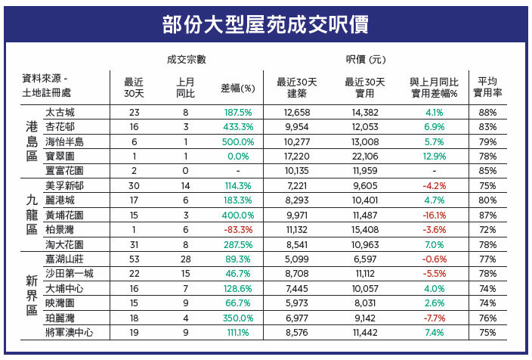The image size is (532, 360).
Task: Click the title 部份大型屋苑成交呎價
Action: pos(266,25)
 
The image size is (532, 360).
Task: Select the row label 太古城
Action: pos(60,112)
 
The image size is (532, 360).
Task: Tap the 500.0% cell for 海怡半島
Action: pos(237,141)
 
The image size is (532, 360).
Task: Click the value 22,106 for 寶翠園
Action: pos(365,156)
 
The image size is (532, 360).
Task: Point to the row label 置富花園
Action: pos(64,171)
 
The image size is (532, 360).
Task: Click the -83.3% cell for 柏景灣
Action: pos(237,230)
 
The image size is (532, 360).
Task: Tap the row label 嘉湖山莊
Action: pos(64,259)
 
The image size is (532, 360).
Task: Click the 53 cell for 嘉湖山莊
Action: pos(134,259)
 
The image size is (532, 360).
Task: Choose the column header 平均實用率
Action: pos(487,87)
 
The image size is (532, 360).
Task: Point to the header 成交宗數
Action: pos(186,59)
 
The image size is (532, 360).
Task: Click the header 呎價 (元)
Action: pos(366,59)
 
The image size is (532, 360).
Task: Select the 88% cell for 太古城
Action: pos(487,112)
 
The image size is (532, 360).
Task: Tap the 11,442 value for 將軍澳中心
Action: pos(365,332)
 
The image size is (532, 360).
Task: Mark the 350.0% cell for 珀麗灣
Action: pos(237,318)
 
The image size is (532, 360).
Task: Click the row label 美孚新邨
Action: pos(64,185)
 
